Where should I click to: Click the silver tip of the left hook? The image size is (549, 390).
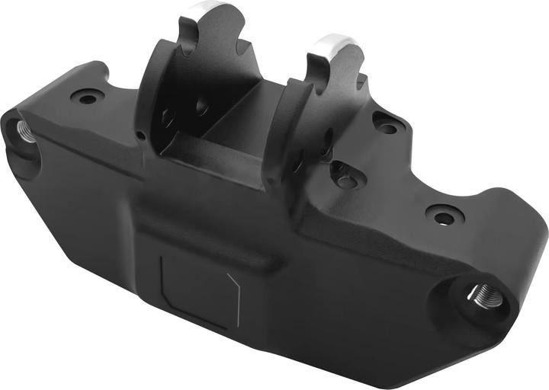click(204, 8)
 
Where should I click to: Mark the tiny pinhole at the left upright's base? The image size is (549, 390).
click(141, 136)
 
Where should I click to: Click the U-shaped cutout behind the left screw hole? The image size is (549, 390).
click(100, 76)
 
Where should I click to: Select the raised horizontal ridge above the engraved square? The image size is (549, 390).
click(206, 241)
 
